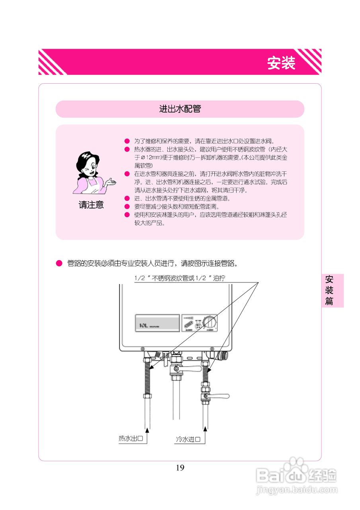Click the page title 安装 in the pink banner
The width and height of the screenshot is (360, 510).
[x=281, y=63]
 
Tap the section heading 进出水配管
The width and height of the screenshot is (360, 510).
[x=180, y=109]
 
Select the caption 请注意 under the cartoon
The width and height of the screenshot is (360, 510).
[x=91, y=205]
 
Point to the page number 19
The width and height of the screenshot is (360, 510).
[x=180, y=468]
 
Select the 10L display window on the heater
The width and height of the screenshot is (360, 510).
[x=157, y=323]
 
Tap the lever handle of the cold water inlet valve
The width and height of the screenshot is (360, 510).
[x=220, y=396]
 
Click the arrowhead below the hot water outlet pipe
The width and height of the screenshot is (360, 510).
[x=147, y=430]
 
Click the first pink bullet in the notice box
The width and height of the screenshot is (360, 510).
[x=127, y=141]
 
